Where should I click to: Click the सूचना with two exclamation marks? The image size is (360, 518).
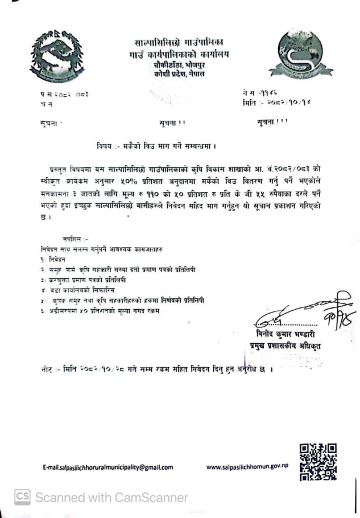169,121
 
